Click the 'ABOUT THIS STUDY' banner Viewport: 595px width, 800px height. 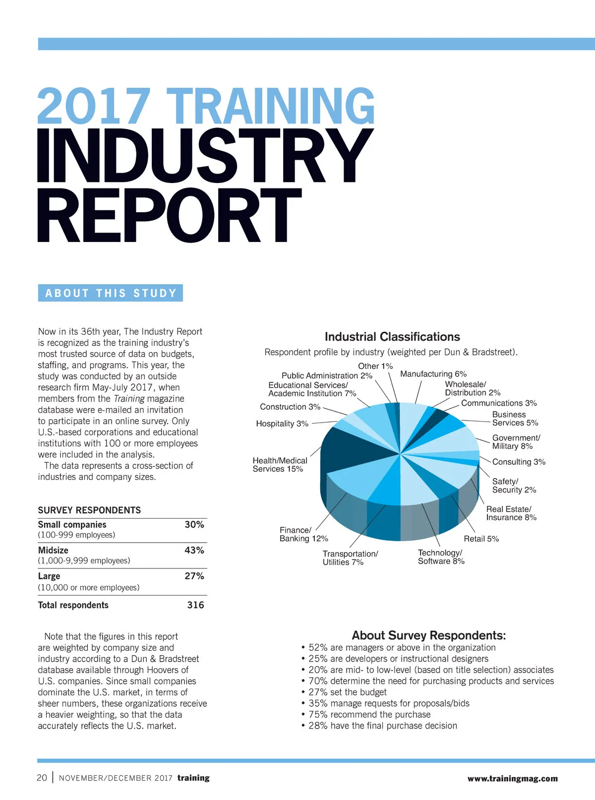pos(111,293)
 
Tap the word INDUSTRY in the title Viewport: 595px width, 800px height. pos(204,156)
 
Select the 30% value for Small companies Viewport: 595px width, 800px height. pos(194,525)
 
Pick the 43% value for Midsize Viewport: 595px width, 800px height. pos(194,551)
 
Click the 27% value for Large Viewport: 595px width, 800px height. pos(194,576)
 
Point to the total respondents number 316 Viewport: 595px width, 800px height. pos(195,605)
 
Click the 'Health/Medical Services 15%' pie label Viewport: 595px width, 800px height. pos(279,465)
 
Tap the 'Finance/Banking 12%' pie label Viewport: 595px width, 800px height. pos(303,535)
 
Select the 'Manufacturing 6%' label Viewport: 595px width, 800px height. pos(433,374)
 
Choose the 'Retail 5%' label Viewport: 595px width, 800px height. pos(481,539)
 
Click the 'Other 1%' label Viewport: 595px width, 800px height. pos(375,366)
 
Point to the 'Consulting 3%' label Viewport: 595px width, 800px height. pos(519,462)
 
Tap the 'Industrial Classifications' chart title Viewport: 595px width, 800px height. pos(392,337)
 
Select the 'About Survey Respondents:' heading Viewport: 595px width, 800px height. pos(429,635)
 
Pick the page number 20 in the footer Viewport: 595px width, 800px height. pos(42,778)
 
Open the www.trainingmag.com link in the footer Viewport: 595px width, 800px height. pos(512,779)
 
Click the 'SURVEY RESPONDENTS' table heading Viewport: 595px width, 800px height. pos(89,510)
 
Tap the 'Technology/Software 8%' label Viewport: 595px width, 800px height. pos(441,557)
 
